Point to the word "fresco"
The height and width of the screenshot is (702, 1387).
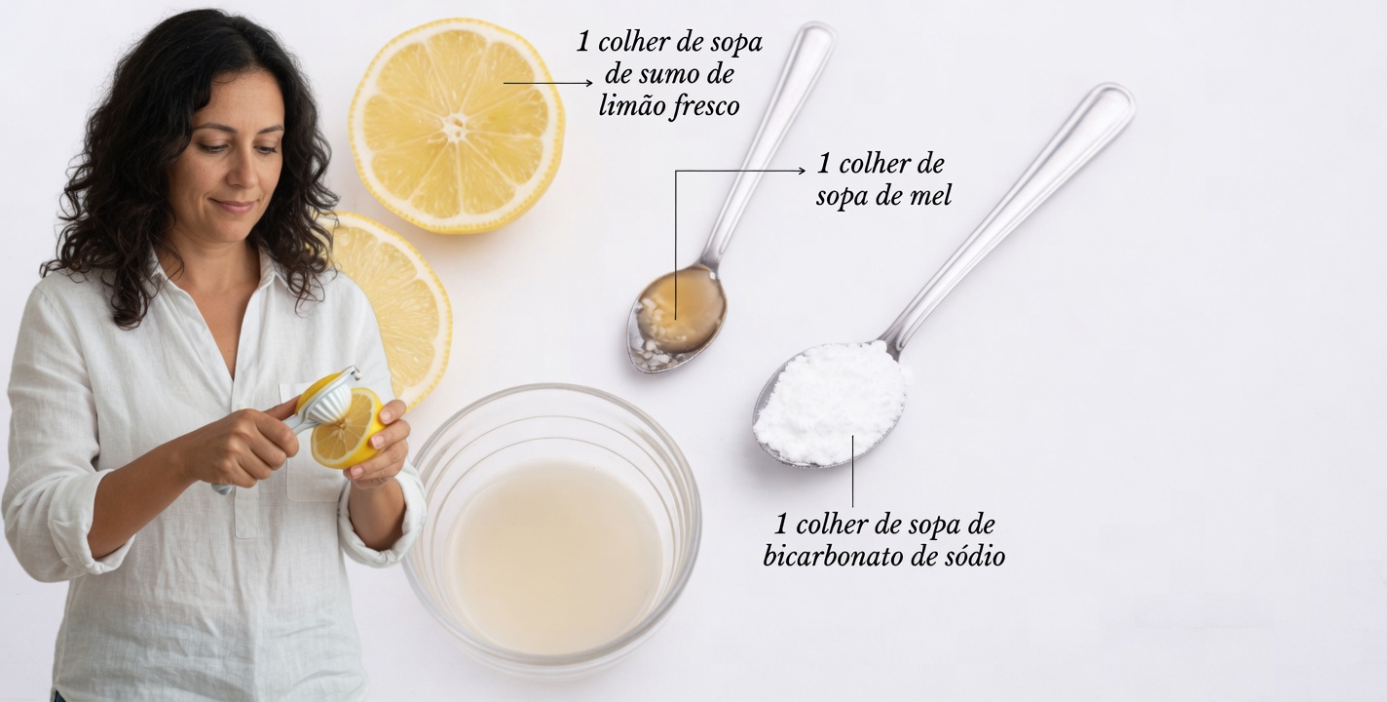pos(705,106)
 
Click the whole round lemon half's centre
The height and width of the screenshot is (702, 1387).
pos(456,126)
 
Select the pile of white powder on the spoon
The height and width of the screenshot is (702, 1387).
pos(831,400)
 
